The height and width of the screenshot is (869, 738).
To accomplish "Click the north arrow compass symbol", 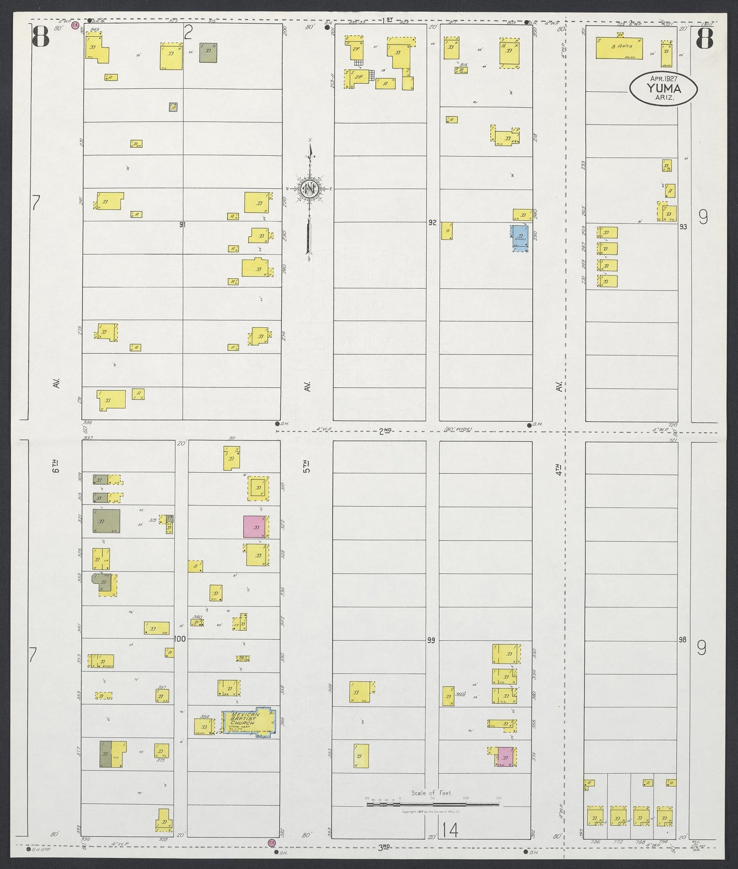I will click(310, 190).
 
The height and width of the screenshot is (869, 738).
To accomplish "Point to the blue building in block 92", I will click(520, 237).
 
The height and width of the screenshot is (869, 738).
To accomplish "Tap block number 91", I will click(182, 224).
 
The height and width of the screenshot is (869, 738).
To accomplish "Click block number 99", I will click(431, 640).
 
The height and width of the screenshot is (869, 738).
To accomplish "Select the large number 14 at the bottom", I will click(450, 830).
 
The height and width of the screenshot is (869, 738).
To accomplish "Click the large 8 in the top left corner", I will click(41, 36).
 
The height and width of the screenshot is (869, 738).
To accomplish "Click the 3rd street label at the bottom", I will click(385, 848).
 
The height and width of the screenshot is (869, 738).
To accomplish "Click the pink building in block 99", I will click(506, 756).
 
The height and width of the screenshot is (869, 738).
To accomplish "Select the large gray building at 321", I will click(106, 521).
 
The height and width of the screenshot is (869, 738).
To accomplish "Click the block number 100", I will click(180, 639).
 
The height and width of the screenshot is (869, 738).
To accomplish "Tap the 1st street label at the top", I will click(389, 19).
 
